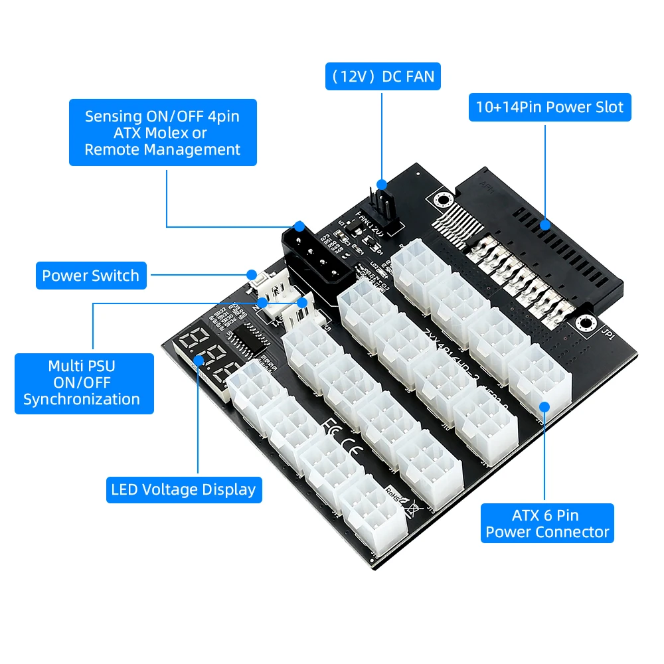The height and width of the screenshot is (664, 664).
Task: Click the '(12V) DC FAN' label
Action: [x=382, y=77]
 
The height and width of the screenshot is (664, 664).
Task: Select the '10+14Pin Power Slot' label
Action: [x=550, y=107]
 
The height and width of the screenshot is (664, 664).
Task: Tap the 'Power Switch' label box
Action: [x=91, y=276]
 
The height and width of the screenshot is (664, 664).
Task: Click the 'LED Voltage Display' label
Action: [x=183, y=490]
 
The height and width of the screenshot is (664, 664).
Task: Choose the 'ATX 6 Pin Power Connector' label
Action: [x=547, y=523]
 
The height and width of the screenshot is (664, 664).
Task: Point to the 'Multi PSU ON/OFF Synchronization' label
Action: [x=84, y=383]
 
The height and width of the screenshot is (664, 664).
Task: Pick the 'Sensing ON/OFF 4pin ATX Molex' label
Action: [x=163, y=133]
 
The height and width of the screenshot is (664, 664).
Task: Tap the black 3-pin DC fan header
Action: [x=382, y=203]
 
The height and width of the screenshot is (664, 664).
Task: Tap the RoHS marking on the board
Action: [x=394, y=495]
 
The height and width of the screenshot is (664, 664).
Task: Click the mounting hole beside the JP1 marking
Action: [x=584, y=323]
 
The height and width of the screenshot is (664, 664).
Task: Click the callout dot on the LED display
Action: [x=199, y=360]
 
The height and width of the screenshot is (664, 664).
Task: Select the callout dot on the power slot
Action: [x=545, y=224]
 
